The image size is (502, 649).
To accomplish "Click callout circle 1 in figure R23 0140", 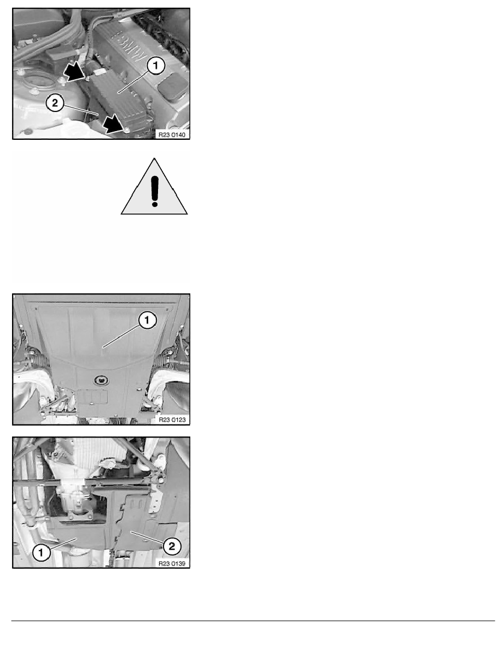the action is pos(156,66).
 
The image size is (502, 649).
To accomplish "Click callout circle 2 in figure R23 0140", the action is pos(55,103).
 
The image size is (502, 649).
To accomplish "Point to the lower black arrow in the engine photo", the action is pos(114,123).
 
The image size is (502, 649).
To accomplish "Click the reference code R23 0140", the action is pos(172,135).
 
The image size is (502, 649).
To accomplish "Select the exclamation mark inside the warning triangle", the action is pos(155,191).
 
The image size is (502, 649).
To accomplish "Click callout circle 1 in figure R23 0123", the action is pos(147,320).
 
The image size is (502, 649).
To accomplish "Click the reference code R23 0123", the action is pos(172,420).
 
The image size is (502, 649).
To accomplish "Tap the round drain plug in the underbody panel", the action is pos(100,379).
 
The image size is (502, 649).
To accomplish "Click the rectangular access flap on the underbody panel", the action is pos(92,396).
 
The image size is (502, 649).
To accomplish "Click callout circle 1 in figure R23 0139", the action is pos(41,552).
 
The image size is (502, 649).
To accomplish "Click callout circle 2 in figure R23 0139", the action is pos(172,546).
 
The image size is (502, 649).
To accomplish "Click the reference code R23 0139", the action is pos(172,563).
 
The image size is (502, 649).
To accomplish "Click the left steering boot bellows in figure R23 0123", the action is pos(40,359).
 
